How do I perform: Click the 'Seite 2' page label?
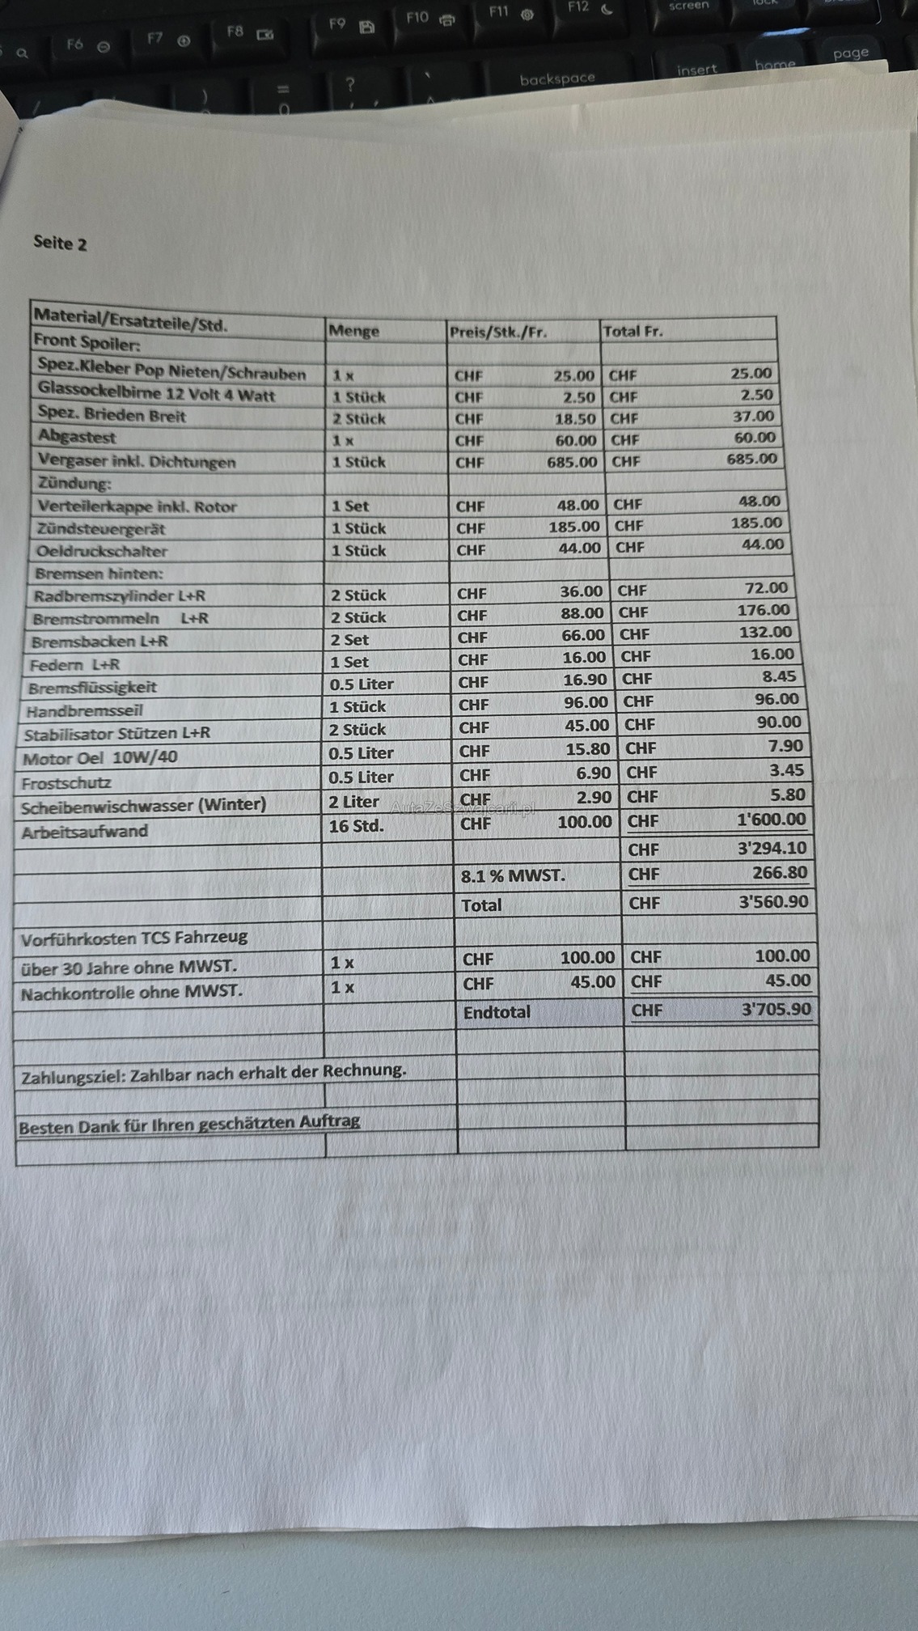pyautogui.click(x=60, y=243)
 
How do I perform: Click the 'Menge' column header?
pyautogui.click(x=353, y=331)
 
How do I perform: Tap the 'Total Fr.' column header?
pyautogui.click(x=632, y=331)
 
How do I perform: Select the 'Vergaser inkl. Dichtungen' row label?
pyautogui.click(x=137, y=461)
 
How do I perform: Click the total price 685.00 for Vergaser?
pyautogui.click(x=751, y=459)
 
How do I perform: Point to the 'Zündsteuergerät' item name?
pyautogui.click(x=100, y=529)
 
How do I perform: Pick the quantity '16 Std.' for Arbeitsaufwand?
pyautogui.click(x=356, y=826)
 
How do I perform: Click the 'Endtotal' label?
pyautogui.click(x=497, y=1012)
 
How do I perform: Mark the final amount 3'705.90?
pyautogui.click(x=776, y=1009)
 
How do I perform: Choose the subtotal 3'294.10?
pyautogui.click(x=772, y=848)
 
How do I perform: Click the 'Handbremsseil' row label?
pyautogui.click(x=84, y=711)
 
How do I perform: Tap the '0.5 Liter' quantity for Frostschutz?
pyautogui.click(x=361, y=777)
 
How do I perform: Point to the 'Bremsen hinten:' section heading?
pyautogui.click(x=99, y=574)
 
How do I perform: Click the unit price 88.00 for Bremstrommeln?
pyautogui.click(x=582, y=613)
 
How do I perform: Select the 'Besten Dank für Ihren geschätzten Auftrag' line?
pyautogui.click(x=189, y=1124)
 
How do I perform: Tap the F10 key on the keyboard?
pyautogui.click(x=429, y=18)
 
